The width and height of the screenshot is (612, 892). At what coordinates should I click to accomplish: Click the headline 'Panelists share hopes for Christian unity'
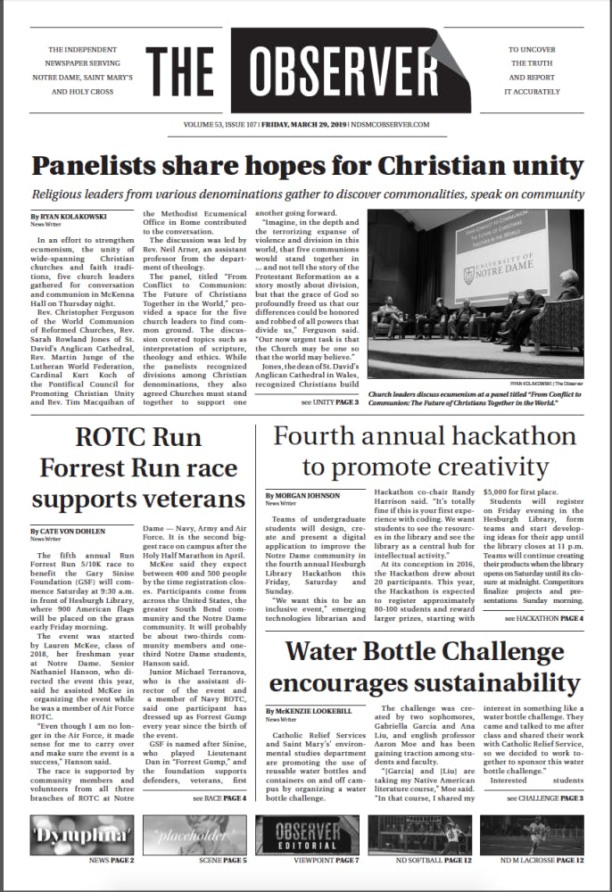point(305,166)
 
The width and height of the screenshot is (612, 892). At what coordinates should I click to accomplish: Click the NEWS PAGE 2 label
point(112,861)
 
